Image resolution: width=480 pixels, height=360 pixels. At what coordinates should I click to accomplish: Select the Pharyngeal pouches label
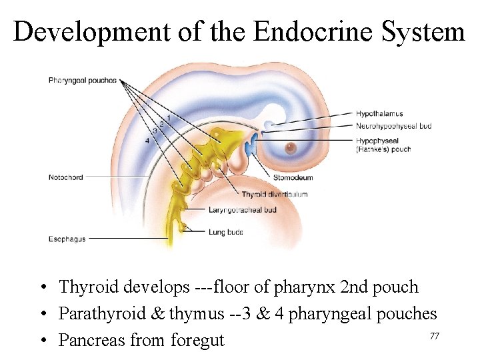(x=82, y=81)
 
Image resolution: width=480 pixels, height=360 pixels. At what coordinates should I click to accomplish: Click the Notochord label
(x=65, y=177)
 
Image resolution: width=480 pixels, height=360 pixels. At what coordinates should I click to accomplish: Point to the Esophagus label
(x=67, y=239)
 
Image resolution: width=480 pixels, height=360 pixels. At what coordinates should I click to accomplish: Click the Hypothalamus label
(x=379, y=114)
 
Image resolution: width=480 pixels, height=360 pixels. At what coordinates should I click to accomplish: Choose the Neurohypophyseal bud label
(x=393, y=125)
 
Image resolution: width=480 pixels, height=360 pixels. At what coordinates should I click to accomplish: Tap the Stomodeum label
(x=293, y=178)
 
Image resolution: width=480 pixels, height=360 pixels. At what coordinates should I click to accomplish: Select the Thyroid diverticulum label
(x=275, y=195)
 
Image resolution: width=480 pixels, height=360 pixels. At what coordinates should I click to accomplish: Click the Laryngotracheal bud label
(x=242, y=209)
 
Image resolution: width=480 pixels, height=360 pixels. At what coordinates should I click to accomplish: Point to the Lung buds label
(x=225, y=232)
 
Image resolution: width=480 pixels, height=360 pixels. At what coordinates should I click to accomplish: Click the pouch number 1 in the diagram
(x=169, y=117)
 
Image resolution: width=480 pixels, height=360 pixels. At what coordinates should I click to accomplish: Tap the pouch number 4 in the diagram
(x=147, y=141)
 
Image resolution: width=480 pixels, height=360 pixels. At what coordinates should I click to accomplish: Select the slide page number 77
(x=434, y=336)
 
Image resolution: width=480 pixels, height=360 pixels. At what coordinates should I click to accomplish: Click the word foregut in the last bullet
(x=198, y=341)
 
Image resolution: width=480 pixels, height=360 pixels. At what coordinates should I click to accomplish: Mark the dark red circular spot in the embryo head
(x=291, y=148)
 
